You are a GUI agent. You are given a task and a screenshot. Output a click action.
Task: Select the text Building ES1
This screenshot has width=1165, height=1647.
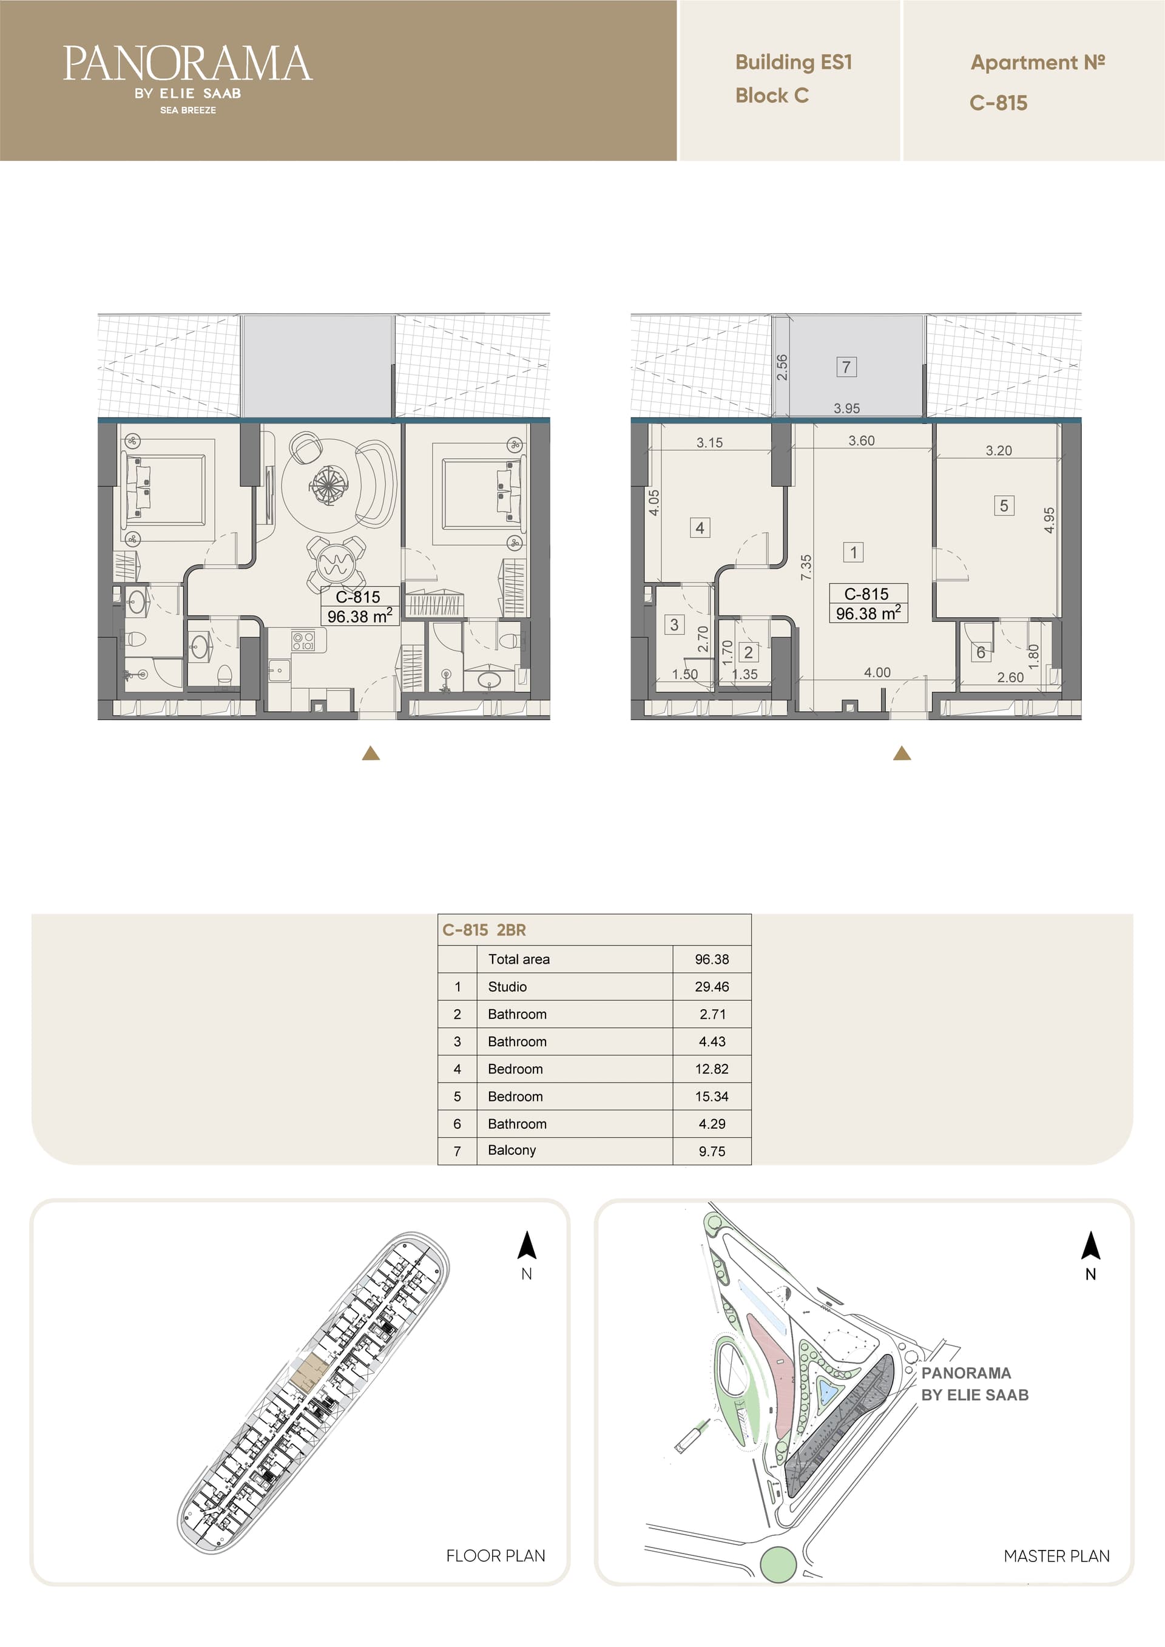pos(794,63)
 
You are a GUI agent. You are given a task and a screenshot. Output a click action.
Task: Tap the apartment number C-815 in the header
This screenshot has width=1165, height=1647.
pos(998,103)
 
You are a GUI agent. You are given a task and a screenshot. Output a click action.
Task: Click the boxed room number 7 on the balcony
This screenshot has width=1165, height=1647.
pos(846,367)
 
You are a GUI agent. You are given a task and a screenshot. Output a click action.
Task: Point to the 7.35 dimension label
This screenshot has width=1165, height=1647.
pos(806,567)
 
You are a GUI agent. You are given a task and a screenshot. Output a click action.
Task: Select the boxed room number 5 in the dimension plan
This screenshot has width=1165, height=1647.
pos(1004,506)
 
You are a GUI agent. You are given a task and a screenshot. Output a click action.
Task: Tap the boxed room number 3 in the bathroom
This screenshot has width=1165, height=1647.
pos(674,624)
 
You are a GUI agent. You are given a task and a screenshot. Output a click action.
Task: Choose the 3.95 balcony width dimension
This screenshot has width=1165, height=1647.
pos(846,408)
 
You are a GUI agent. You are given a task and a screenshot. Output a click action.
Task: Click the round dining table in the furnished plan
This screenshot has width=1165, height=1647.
pos(335,563)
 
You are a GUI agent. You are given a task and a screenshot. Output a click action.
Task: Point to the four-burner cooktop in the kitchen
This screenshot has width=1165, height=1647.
pos(303,640)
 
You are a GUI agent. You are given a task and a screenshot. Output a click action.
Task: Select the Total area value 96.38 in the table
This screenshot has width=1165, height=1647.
pos(712,959)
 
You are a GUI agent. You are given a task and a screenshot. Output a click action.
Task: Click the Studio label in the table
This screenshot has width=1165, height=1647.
pos(507,986)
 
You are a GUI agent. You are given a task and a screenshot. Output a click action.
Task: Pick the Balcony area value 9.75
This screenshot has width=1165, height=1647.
pos(712,1151)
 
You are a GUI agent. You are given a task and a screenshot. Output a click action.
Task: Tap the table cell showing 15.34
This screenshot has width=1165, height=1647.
pos(712,1096)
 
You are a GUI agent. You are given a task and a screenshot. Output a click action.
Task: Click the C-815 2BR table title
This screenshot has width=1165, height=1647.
pos(484,930)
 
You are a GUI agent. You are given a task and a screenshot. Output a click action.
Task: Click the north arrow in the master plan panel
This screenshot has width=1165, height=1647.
pos(1090,1245)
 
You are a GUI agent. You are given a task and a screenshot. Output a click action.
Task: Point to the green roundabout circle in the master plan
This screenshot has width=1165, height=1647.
pos(778,1564)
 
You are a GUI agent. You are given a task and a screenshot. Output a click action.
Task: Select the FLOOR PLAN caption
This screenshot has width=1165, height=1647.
pos(496,1556)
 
